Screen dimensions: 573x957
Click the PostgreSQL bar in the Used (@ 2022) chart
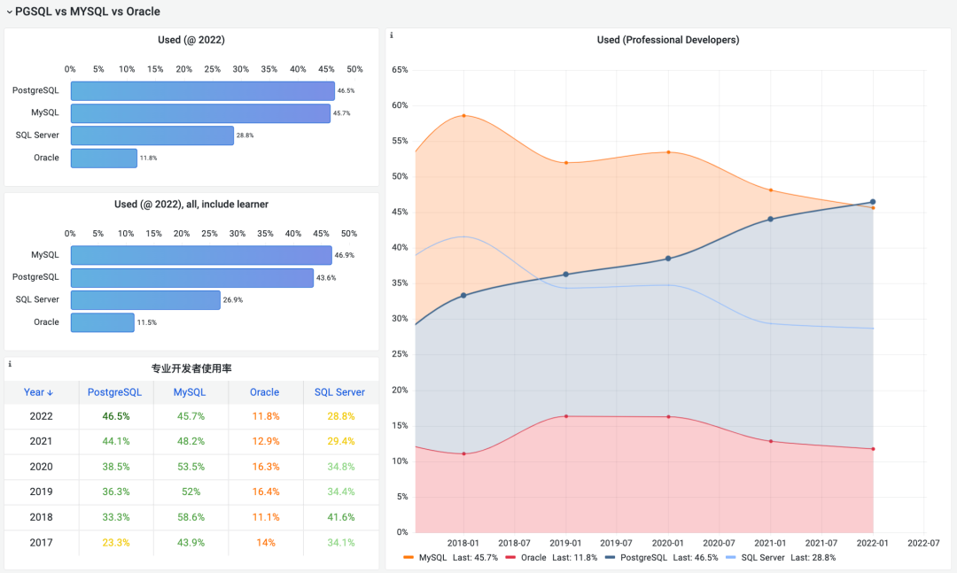[202, 91]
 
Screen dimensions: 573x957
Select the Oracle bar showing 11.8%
[104, 158]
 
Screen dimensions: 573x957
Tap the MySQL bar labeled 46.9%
[200, 255]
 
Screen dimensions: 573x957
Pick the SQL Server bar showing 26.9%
[145, 300]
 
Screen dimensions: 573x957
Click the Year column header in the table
[39, 392]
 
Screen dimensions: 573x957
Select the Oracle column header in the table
[264, 392]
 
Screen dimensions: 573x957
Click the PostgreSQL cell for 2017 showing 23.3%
[115, 543]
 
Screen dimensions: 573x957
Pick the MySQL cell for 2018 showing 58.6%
[190, 517]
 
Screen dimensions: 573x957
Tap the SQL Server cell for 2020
[340, 467]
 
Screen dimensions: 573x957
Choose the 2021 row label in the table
[41, 441]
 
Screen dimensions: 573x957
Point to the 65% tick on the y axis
[399, 70]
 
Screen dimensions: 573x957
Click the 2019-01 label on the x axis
[565, 543]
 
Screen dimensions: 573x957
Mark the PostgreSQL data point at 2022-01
[873, 202]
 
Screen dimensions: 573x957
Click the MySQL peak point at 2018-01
[463, 115]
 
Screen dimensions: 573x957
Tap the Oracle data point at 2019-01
[565, 416]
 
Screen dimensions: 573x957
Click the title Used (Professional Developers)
[667, 40]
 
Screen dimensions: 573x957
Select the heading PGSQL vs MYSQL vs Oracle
[88, 12]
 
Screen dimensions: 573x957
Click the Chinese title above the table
[191, 368]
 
